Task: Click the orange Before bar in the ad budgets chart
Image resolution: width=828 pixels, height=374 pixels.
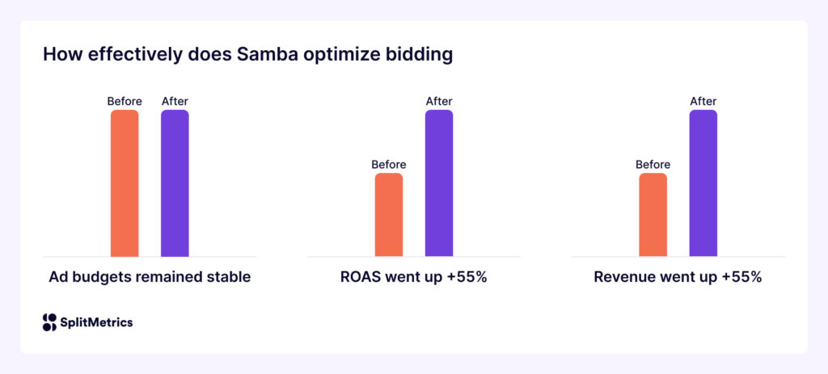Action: click(x=125, y=183)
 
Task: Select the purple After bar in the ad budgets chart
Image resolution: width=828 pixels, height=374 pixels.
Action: click(x=175, y=183)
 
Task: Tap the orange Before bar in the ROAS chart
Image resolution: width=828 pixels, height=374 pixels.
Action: click(x=389, y=215)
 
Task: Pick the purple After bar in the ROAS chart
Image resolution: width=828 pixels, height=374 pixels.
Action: click(x=439, y=183)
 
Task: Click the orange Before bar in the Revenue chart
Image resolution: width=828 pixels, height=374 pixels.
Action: click(x=653, y=215)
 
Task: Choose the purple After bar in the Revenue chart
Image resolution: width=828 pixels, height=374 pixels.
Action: click(x=703, y=183)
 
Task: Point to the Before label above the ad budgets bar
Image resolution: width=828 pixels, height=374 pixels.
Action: click(x=125, y=101)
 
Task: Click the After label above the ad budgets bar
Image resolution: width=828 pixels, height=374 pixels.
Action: click(x=175, y=101)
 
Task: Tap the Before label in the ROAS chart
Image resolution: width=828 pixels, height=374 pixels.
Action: click(x=389, y=165)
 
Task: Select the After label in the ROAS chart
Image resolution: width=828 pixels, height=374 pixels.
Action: click(x=439, y=101)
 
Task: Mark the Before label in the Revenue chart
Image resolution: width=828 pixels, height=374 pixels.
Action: click(x=653, y=165)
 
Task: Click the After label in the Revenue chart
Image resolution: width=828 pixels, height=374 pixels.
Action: click(x=703, y=101)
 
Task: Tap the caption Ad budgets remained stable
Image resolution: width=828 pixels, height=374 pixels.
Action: click(x=150, y=277)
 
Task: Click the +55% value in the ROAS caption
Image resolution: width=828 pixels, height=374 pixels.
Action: click(x=463, y=277)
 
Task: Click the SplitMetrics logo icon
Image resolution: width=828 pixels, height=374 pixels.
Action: click(x=49, y=322)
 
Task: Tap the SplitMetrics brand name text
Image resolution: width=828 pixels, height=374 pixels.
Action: click(x=97, y=322)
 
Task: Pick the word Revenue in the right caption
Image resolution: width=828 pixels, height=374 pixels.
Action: click(x=623, y=277)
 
